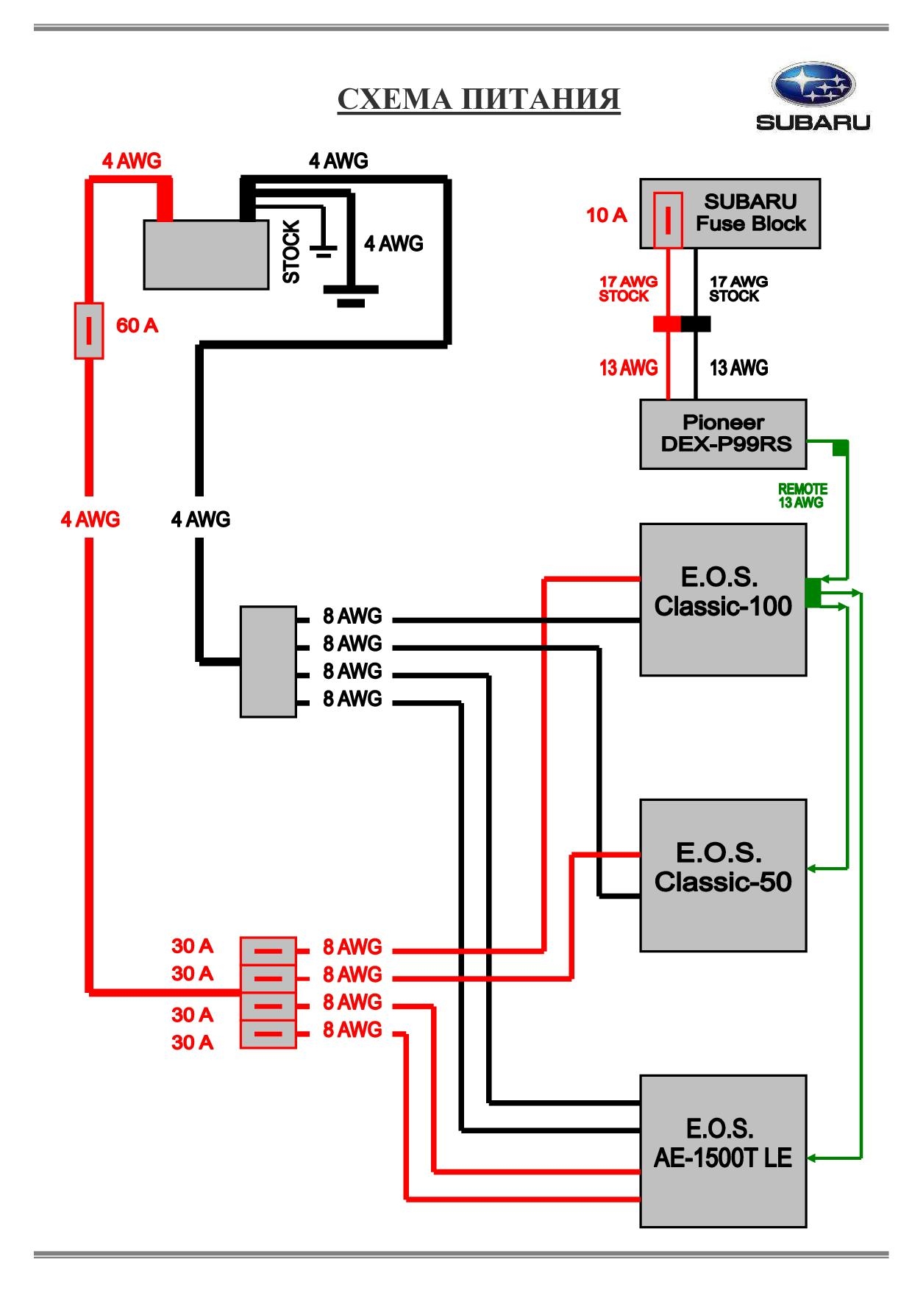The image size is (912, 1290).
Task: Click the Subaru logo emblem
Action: pos(813,85)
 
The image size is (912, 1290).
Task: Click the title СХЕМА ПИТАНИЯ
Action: pos(479,99)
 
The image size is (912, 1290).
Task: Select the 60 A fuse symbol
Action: pos(89,330)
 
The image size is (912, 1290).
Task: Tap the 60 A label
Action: pos(137,326)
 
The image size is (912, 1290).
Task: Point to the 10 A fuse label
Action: pos(606,215)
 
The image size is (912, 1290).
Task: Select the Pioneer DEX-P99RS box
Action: pos(724,434)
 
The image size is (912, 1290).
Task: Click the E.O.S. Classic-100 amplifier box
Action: pos(723,599)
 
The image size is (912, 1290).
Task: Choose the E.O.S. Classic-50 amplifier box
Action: pos(723,875)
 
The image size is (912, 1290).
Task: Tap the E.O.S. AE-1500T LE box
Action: pos(723,1151)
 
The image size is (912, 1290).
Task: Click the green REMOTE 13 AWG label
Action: pos(802,496)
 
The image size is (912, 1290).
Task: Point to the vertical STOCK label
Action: pos(291,252)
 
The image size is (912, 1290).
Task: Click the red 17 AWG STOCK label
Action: pos(627,289)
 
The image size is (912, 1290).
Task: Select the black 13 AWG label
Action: pos(738,368)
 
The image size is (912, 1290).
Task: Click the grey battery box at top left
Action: pos(206,254)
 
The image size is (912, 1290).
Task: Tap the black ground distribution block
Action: pos(268,661)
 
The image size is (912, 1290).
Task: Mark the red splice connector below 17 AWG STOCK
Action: pos(667,324)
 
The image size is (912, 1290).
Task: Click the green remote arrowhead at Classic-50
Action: pos(813,869)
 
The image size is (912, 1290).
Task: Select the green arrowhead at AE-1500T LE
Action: pos(813,1158)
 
